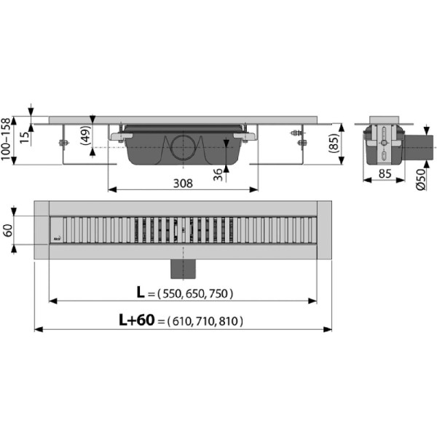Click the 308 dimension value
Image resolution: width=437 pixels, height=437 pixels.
[183, 184]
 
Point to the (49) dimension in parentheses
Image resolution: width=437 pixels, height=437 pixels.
[85, 138]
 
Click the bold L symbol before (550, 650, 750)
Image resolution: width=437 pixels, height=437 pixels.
[141, 293]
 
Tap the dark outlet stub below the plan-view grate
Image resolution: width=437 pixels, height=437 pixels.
[183, 268]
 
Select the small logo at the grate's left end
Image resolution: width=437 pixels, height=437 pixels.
[56, 238]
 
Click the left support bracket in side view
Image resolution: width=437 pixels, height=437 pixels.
[63, 146]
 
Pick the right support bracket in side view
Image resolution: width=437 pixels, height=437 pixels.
[298, 146]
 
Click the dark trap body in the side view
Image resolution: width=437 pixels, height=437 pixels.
[146, 149]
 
